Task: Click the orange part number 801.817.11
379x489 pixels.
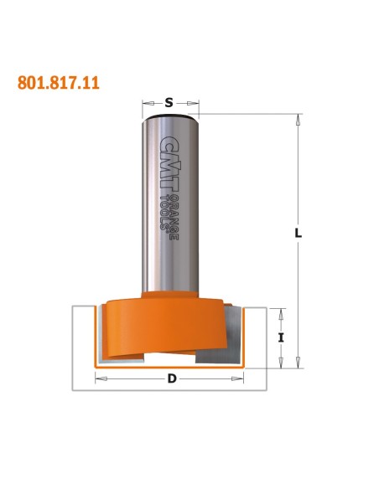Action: click(59, 83)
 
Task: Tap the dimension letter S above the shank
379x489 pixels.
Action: click(169, 102)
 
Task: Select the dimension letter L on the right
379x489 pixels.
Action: click(299, 233)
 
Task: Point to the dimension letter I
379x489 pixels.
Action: click(281, 337)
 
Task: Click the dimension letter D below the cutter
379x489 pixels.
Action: click(172, 378)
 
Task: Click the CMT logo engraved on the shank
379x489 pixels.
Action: click(169, 164)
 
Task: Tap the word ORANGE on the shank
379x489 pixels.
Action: click(174, 219)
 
